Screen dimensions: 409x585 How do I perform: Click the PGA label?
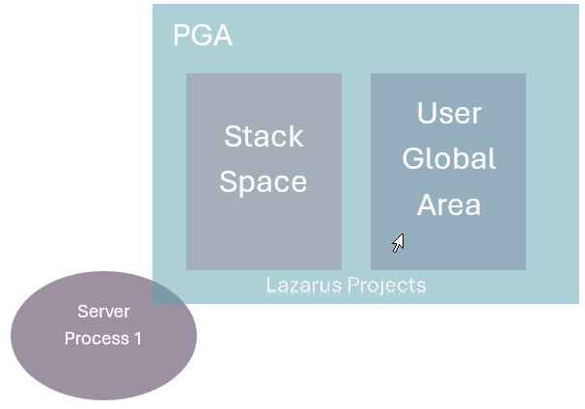203,37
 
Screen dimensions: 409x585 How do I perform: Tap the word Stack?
264,136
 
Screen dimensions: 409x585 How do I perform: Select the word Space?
263,181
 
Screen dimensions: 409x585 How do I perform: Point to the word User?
449,113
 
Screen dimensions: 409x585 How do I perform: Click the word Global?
449,158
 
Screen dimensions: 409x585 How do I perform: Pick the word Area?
449,204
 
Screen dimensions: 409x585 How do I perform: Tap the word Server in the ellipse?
103,313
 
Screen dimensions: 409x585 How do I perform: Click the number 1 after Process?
136,339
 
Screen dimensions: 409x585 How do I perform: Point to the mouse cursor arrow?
397,241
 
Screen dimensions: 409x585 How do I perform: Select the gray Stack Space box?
264,232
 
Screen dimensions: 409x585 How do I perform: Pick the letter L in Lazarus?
270,286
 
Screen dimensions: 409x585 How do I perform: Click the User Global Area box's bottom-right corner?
525,269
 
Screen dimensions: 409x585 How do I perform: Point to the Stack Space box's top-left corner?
187,74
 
